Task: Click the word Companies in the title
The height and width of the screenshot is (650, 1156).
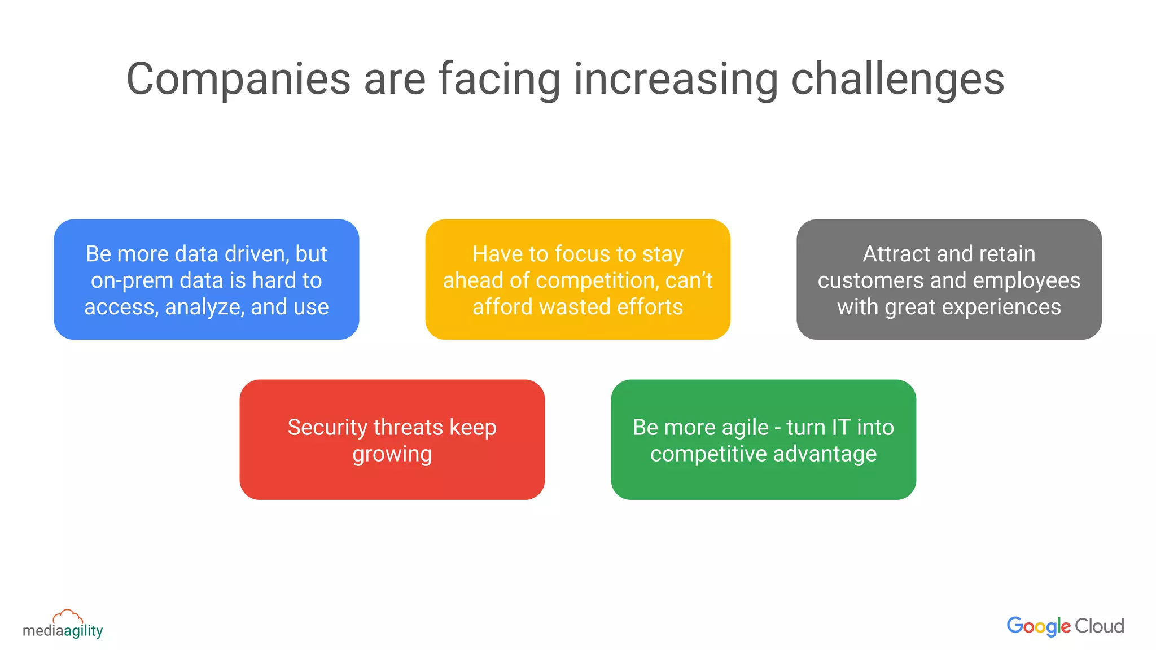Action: click(238, 79)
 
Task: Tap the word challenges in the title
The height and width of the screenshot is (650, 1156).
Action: click(897, 79)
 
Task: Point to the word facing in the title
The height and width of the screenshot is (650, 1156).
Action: click(500, 79)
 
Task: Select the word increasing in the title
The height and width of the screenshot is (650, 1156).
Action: click(676, 79)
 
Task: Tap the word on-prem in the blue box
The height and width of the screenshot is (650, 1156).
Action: click(131, 280)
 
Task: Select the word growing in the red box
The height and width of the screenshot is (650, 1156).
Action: click(392, 454)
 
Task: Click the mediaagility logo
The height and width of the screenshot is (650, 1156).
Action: click(63, 625)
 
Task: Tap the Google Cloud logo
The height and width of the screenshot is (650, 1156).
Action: click(1065, 626)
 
